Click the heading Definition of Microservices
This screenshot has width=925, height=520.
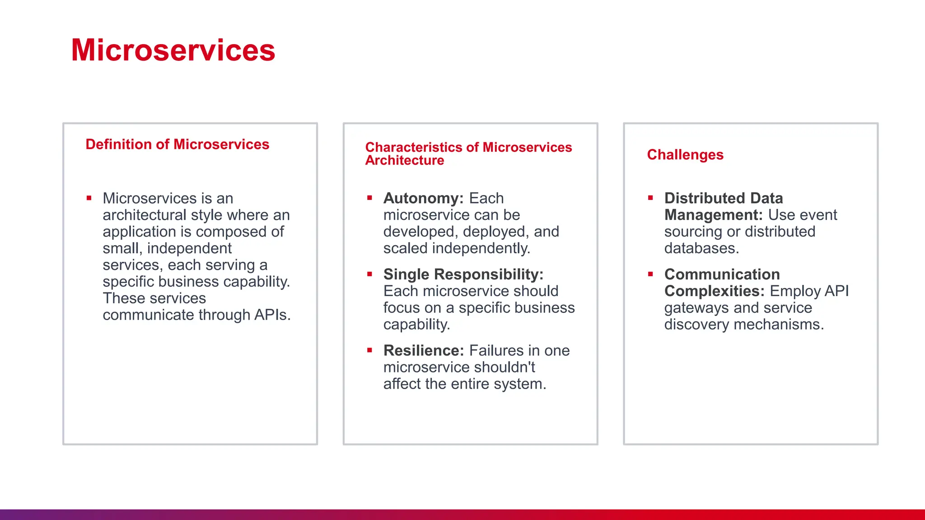[177, 144]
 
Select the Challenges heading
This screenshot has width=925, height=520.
[685, 154]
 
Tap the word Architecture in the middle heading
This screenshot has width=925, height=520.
[404, 160]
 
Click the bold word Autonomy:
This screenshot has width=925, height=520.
[423, 198]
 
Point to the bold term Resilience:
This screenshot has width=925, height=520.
[423, 350]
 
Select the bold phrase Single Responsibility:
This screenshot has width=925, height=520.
[463, 274]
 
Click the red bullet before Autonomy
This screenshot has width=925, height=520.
[369, 198]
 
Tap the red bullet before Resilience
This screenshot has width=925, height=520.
[369, 350]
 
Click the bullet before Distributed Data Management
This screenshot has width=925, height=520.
[650, 198]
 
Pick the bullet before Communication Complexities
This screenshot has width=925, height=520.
[650, 274]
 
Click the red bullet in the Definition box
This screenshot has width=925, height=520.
[89, 198]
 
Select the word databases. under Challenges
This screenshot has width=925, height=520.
[701, 248]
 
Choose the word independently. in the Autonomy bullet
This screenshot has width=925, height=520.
[481, 248]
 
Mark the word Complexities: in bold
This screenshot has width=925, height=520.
[714, 291]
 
